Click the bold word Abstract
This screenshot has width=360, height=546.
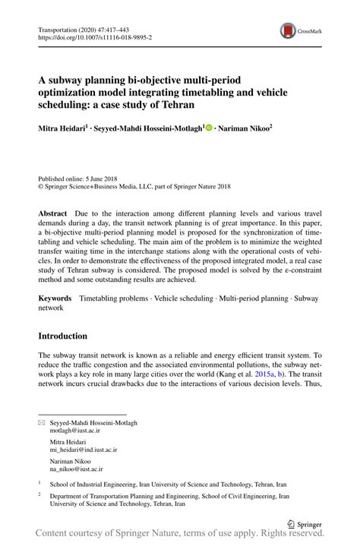point(52,215)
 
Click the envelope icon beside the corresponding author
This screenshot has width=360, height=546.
point(41,422)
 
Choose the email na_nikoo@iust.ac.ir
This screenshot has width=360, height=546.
point(76,470)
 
